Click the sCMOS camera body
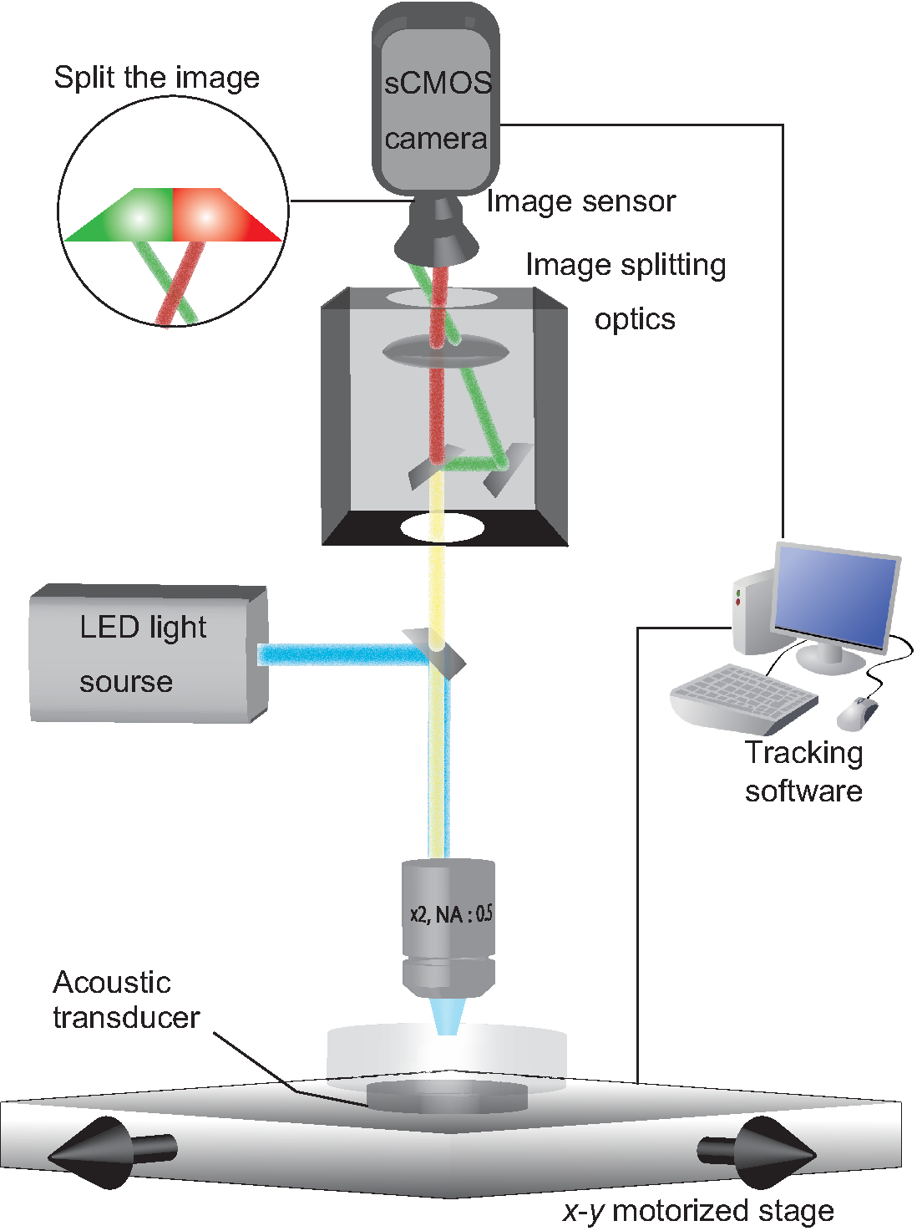(x=435, y=109)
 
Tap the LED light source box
(x=142, y=656)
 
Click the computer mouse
(x=858, y=713)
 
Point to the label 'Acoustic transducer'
(x=125, y=1000)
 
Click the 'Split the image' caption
(x=156, y=78)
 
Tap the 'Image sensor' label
(x=581, y=201)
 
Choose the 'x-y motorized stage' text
(x=698, y=1211)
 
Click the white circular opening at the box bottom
(x=443, y=528)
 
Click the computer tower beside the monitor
(x=752, y=610)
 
